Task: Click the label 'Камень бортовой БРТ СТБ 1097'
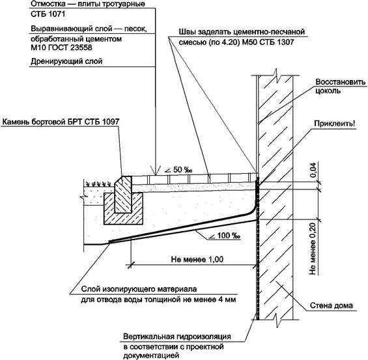click(61, 122)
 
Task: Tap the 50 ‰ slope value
click(182, 170)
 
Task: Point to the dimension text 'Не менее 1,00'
click(197, 259)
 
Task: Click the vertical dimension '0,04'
click(313, 170)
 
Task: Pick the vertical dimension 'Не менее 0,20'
click(313, 248)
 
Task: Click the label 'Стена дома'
click(331, 305)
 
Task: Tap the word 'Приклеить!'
click(335, 124)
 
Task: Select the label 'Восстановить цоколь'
click(340, 86)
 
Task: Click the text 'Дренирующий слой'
click(66, 61)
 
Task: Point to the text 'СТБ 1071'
click(48, 14)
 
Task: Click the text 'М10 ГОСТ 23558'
click(61, 48)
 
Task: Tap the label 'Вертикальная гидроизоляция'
click(177, 337)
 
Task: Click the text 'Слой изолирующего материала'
click(139, 289)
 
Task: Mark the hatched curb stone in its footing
click(123, 195)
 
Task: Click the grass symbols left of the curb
click(98, 184)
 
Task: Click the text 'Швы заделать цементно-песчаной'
click(242, 32)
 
